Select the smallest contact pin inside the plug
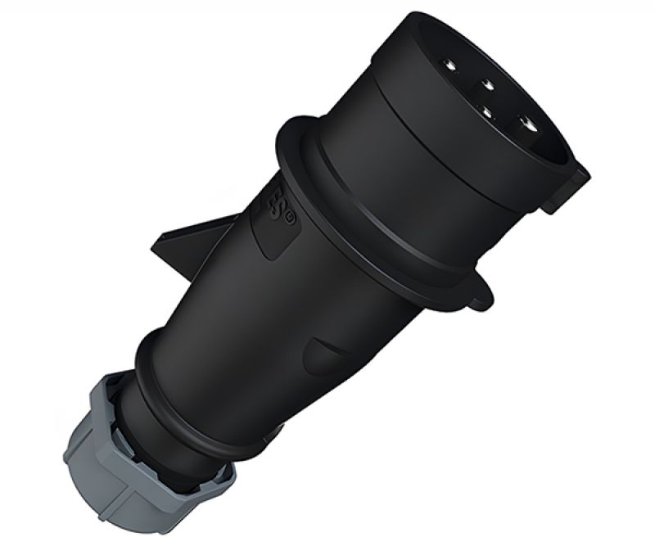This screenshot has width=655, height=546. pyautogui.click(x=490, y=109)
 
